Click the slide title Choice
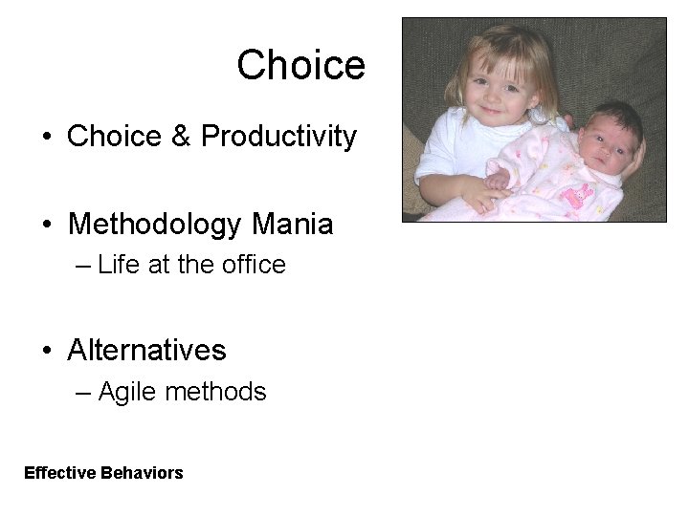(x=300, y=65)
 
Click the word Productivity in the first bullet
(x=278, y=137)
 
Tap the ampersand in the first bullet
(x=181, y=137)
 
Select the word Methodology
(x=154, y=225)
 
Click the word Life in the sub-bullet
(x=119, y=265)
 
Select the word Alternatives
(x=146, y=350)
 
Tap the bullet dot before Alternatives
(x=46, y=352)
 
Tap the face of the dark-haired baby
(x=603, y=141)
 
